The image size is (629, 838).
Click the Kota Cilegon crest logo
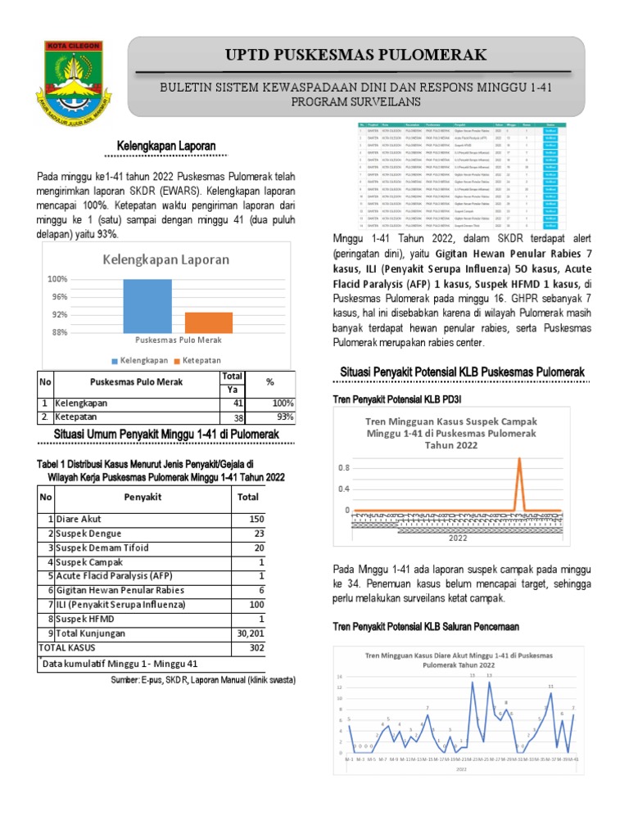pyautogui.click(x=73, y=75)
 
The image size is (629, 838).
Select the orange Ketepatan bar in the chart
pyautogui.click(x=208, y=322)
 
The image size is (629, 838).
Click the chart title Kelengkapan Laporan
pyautogui.click(x=165, y=259)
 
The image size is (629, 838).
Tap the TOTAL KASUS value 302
pyautogui.click(x=249, y=647)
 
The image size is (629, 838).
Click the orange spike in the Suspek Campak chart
pyautogui.click(x=518, y=483)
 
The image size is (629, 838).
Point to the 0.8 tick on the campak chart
pyautogui.click(x=344, y=467)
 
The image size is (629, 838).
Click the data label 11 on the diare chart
pyautogui.click(x=550, y=686)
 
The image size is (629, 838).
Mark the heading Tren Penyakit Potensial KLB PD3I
pyautogui.click(x=393, y=399)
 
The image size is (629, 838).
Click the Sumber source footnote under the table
pyautogui.click(x=202, y=680)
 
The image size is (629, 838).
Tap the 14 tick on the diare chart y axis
pyautogui.click(x=338, y=678)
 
